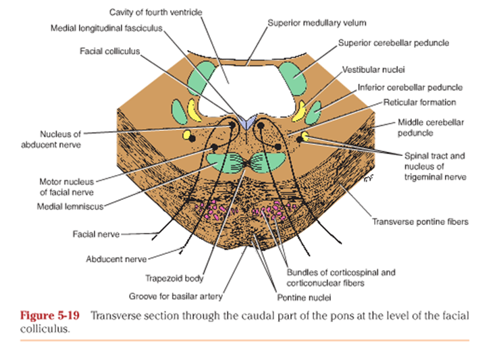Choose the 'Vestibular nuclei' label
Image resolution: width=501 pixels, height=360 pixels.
(369, 69)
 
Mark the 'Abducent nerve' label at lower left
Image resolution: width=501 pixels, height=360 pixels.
(116, 258)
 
